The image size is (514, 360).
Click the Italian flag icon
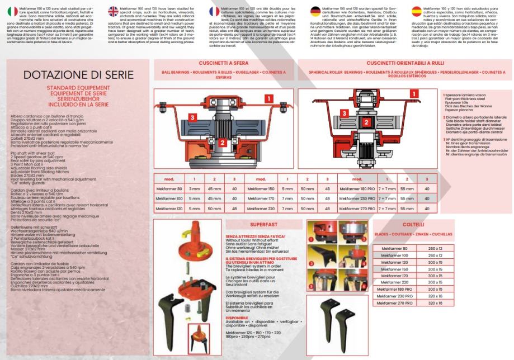coord(11,11)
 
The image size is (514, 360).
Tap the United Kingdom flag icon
coord(114,11)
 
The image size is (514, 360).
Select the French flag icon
coord(214,11)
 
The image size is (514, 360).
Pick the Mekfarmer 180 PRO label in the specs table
coord(344,189)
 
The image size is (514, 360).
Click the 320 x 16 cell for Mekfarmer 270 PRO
coord(435,302)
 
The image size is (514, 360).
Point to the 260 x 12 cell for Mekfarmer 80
coord(435,248)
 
